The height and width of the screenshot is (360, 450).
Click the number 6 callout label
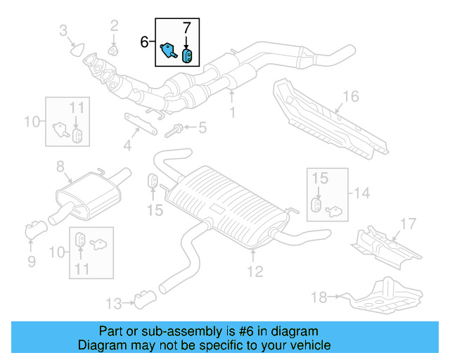(144, 42)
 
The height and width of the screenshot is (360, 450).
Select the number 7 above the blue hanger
(186, 29)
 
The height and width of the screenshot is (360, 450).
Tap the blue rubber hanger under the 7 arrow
(188, 55)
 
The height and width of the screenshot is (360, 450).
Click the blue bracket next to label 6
(168, 50)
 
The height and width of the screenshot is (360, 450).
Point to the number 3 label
(64, 30)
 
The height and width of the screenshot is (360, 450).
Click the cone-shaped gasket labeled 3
(77, 49)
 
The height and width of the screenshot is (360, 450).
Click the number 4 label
(127, 147)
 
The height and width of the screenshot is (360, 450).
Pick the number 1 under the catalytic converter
(232, 112)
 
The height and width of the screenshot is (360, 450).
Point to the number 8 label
(60, 166)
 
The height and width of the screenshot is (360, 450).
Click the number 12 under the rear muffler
(254, 270)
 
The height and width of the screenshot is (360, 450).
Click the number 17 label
(409, 225)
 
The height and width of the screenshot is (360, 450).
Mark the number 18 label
(319, 297)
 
